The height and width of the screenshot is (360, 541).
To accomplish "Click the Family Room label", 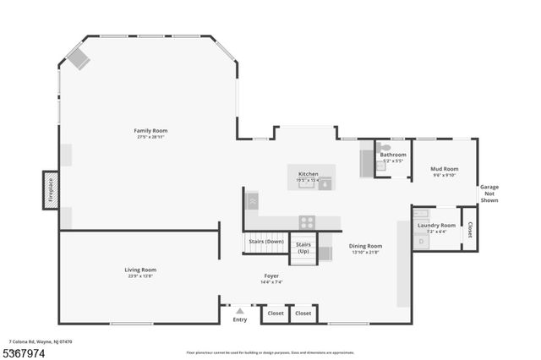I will click(x=150, y=130).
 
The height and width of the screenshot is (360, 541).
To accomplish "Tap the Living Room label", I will click(x=140, y=270).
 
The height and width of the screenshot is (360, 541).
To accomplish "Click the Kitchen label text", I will click(x=308, y=173).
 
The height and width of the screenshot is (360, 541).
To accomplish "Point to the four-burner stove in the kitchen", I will click(x=307, y=222).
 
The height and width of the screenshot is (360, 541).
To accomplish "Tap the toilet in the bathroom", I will click(x=385, y=146).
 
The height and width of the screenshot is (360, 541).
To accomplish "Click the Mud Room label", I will click(x=445, y=168).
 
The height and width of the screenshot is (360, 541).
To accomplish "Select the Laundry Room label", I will click(x=436, y=226).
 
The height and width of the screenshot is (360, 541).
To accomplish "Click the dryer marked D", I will click(x=422, y=242).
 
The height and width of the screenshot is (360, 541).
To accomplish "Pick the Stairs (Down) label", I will click(x=266, y=242).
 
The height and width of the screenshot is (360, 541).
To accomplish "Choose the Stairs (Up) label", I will click(x=303, y=248).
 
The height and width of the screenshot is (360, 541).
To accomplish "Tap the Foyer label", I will click(x=270, y=275).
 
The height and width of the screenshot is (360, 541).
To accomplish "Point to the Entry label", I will click(x=240, y=319).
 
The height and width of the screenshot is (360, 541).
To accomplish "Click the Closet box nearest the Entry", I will click(x=275, y=314).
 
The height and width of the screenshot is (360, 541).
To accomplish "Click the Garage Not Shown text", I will click(x=489, y=194).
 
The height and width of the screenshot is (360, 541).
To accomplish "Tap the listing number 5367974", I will click(x=26, y=352).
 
